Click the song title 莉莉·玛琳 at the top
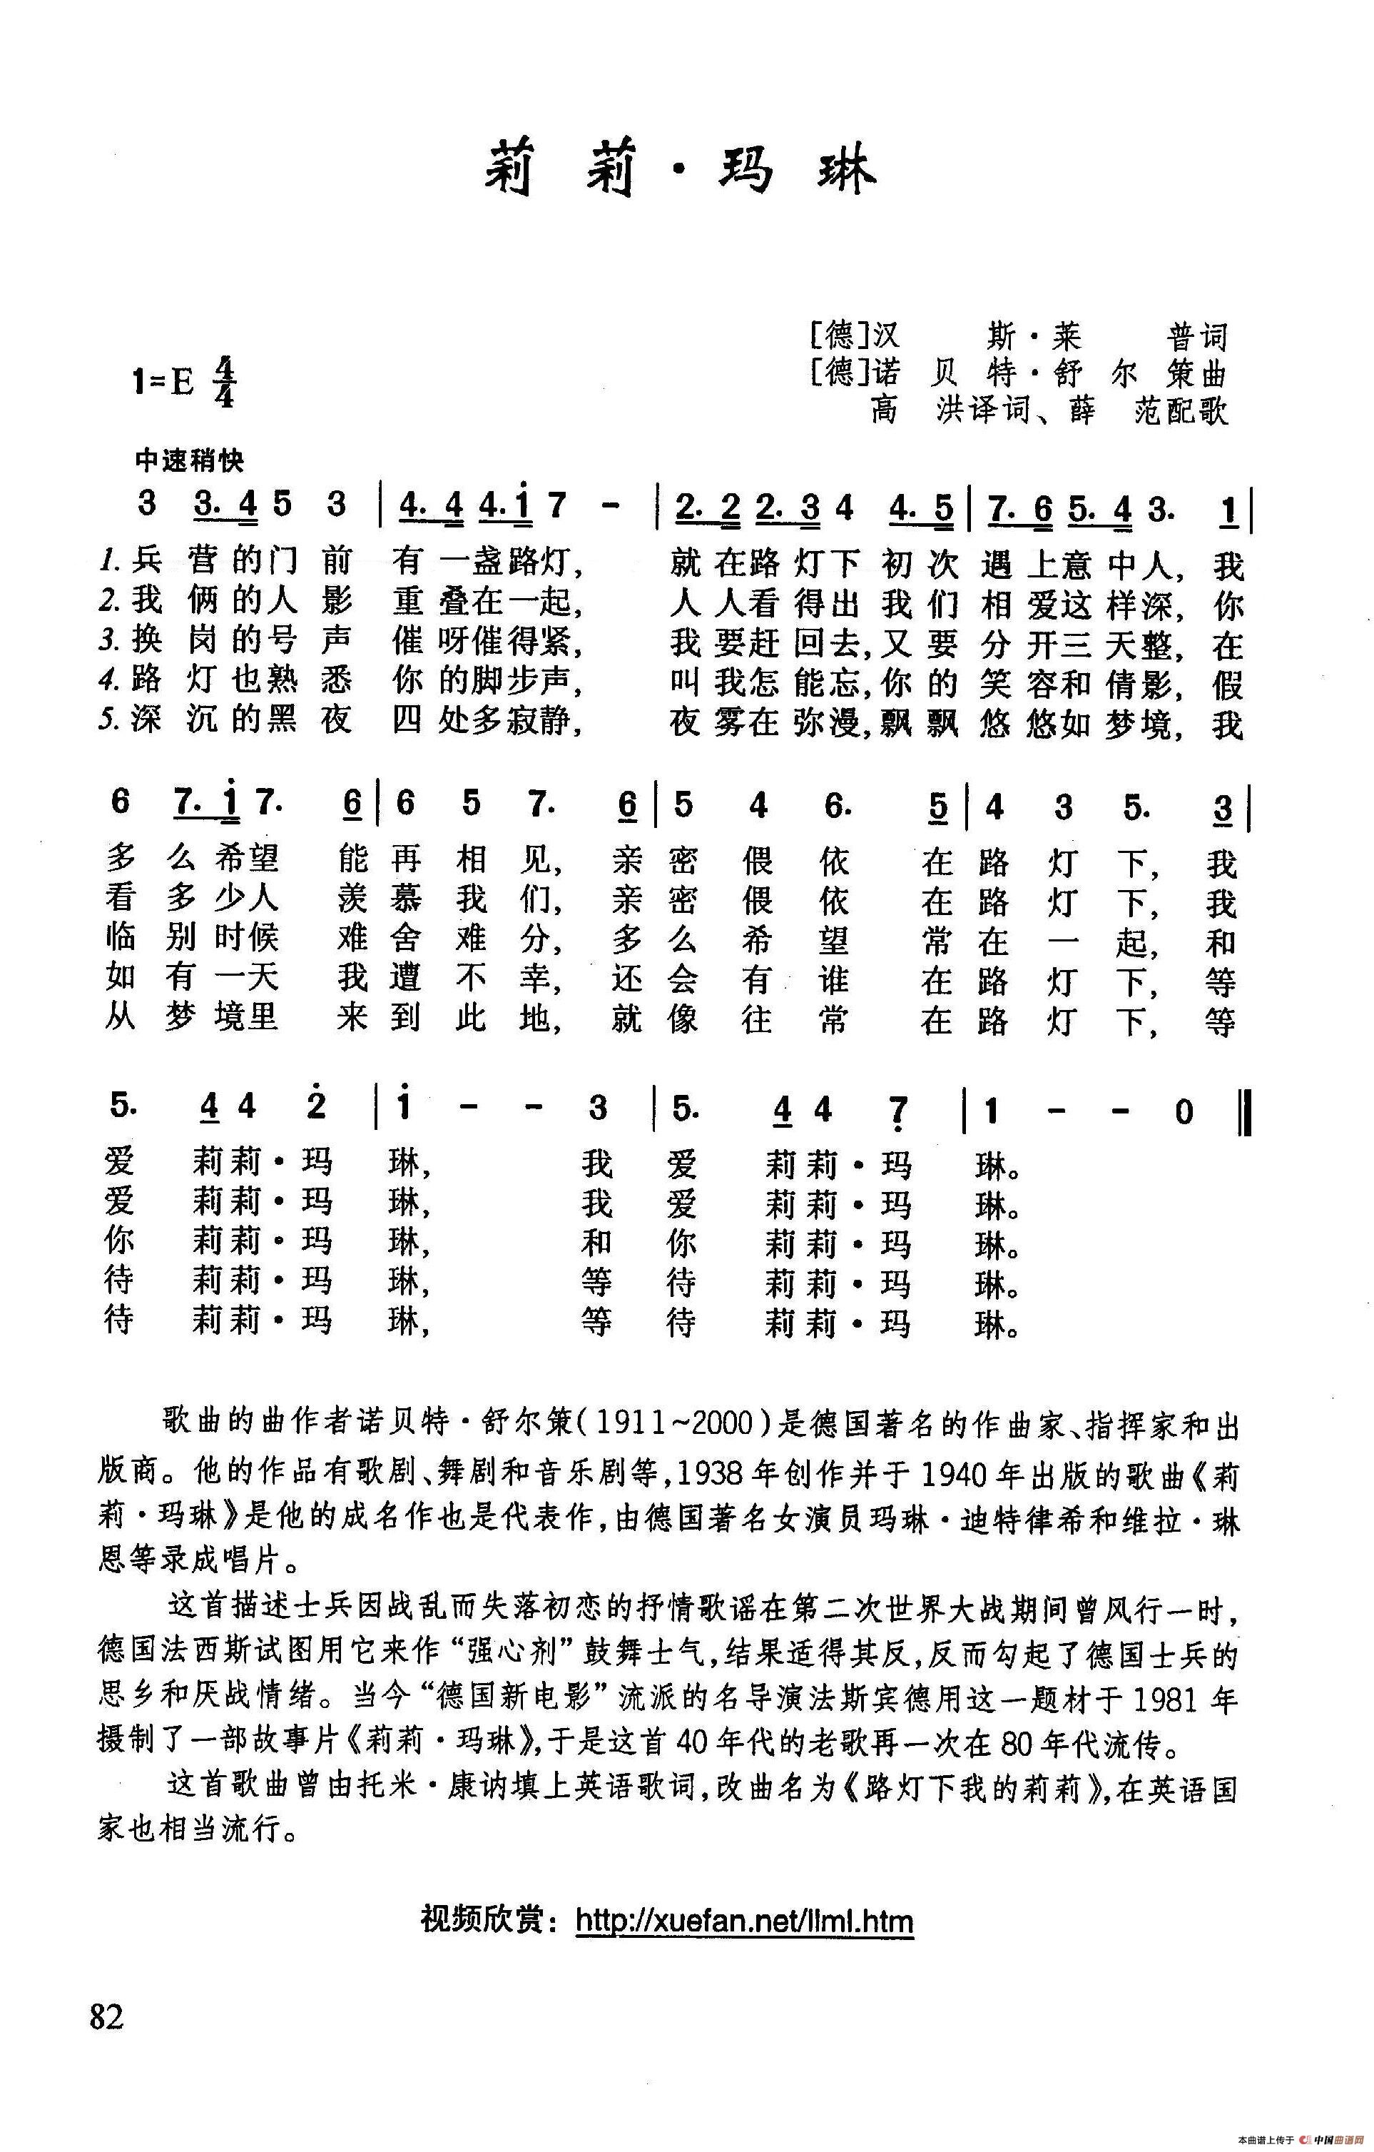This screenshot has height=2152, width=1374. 681,170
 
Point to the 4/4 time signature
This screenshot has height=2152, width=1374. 223,383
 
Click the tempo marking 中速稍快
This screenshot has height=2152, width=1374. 189,461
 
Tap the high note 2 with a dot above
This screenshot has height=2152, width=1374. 316,1106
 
